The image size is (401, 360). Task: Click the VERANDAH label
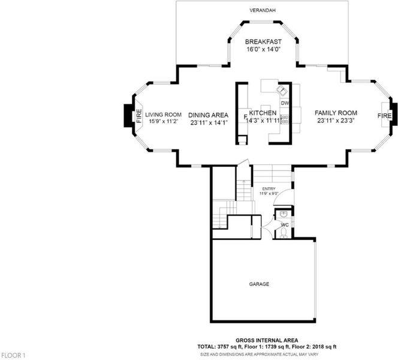coord(259,10)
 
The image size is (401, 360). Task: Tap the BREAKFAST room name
coord(263,42)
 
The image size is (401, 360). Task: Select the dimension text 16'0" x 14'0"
coord(264,49)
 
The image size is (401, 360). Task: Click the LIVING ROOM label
coord(164,115)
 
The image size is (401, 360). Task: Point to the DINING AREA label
coord(208,115)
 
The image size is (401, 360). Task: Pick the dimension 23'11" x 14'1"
coord(209,122)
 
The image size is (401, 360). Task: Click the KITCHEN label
coord(263,113)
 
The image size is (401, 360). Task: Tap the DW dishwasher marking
coord(285,103)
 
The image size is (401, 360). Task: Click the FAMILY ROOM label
coord(336,113)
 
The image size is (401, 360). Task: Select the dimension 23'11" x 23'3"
coord(336,121)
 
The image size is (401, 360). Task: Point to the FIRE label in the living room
coord(139,116)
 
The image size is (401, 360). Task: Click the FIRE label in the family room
coord(384,116)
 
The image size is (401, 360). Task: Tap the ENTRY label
coord(269,189)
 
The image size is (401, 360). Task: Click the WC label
coord(285,225)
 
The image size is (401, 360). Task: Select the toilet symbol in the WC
coord(284,233)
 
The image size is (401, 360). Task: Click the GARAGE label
coord(259,284)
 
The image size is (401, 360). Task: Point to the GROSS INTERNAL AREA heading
coord(267,340)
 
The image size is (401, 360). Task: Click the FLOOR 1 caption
coord(13,355)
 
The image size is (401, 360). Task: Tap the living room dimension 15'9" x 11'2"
coord(164,121)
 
